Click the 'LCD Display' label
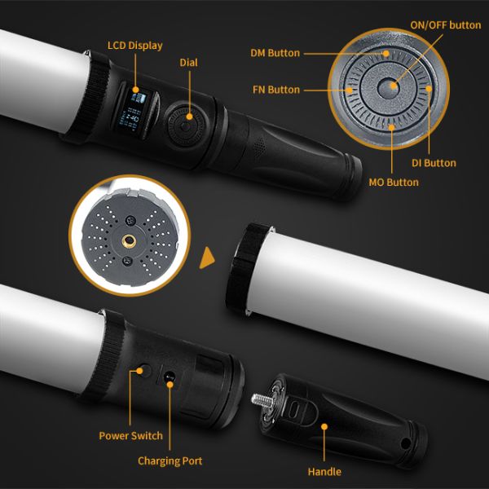(x=135, y=45)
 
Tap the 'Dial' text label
(x=188, y=62)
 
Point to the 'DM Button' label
(x=275, y=53)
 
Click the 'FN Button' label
(x=273, y=90)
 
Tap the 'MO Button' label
(x=393, y=182)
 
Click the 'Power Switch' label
(x=131, y=435)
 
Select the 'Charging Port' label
(x=170, y=461)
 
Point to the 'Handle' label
(x=324, y=471)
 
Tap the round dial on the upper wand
(x=185, y=127)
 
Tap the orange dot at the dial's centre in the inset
(x=392, y=85)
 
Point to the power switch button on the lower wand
(x=140, y=372)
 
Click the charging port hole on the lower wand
(x=168, y=378)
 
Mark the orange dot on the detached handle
(x=324, y=425)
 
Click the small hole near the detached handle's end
(x=405, y=443)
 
